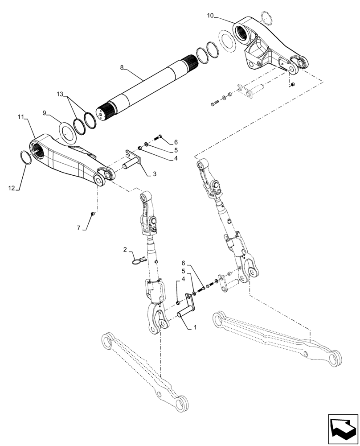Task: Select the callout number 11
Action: click(20, 117)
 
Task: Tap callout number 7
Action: click(79, 228)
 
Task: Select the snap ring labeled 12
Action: click(26, 157)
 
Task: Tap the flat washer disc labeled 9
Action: click(68, 134)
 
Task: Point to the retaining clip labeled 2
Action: click(139, 259)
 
